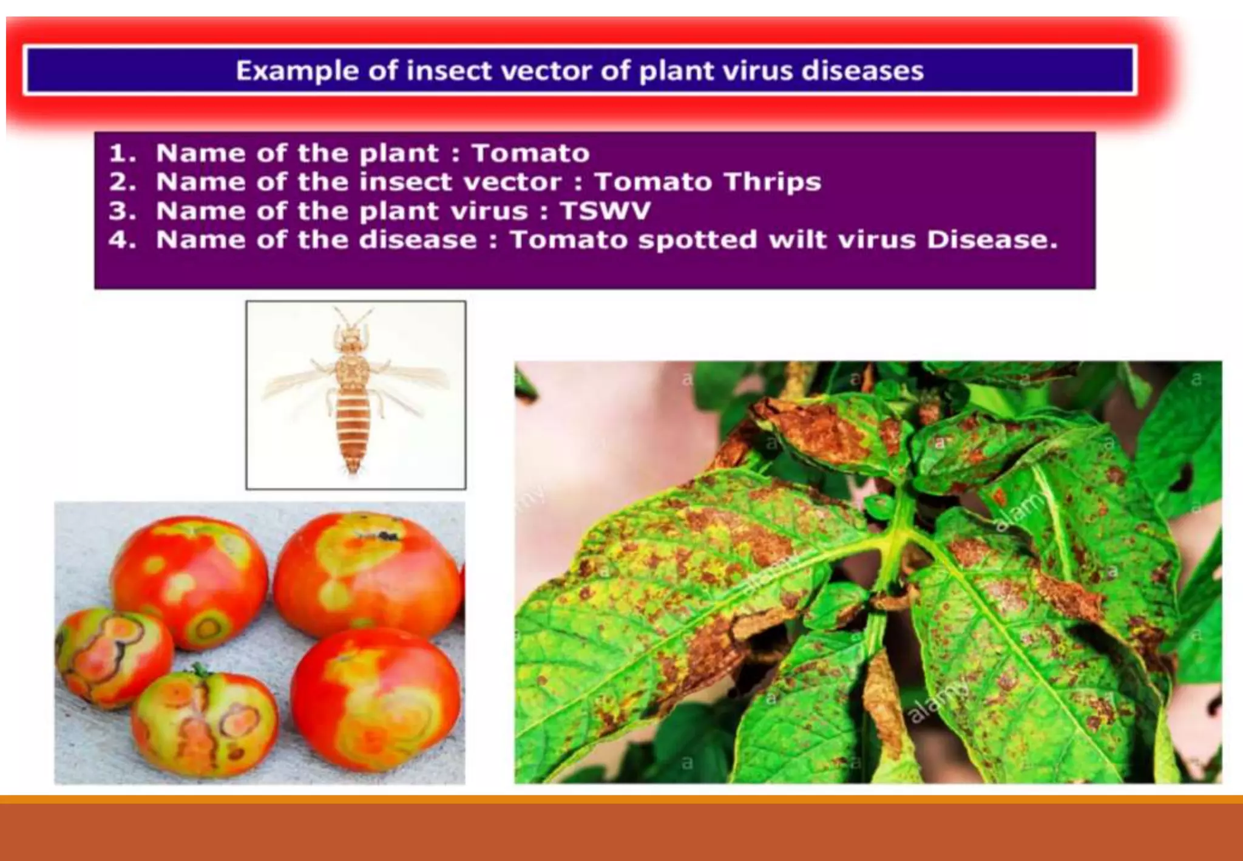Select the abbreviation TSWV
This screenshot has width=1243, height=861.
[605, 211]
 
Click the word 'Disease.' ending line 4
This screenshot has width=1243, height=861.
[992, 240]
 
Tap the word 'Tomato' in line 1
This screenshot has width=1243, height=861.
[530, 153]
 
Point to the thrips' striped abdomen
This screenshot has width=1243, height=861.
[353, 428]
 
